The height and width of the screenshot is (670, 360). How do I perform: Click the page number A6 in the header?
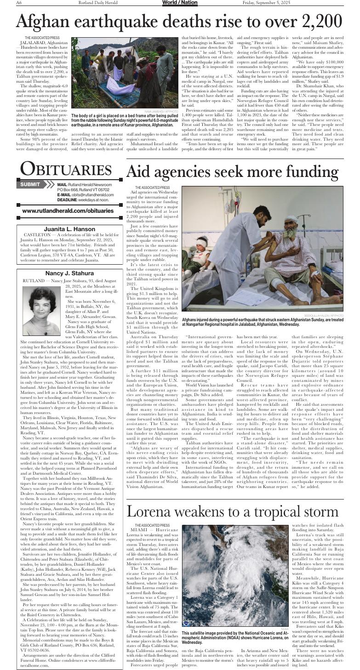click(19, 3)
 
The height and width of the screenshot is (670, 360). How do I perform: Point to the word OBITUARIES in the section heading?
click(67, 170)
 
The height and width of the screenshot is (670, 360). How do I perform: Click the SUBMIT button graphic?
click(30, 184)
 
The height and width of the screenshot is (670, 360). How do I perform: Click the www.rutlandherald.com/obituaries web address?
click(68, 210)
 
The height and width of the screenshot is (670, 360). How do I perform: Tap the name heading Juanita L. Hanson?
click(69, 229)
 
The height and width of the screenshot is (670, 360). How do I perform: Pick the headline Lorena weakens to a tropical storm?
click(232, 511)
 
